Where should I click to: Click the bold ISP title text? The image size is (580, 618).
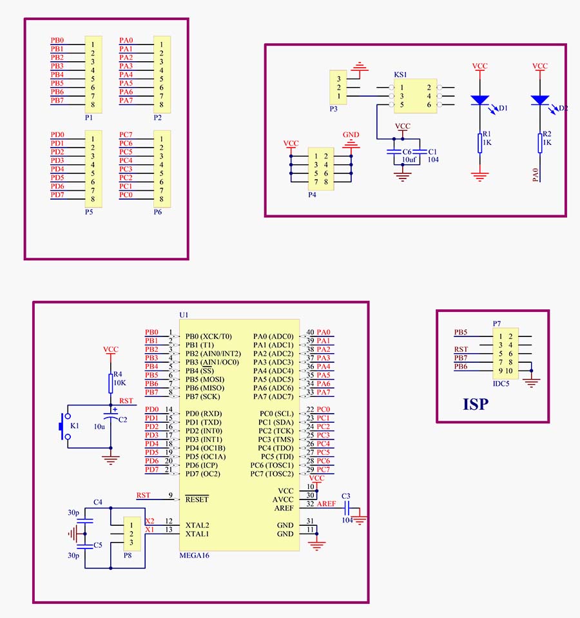click(475, 404)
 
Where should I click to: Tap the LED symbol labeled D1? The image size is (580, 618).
click(480, 101)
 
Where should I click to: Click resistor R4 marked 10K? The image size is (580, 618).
click(110, 384)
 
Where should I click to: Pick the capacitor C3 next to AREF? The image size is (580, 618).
click(346, 508)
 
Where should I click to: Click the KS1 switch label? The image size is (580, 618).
click(400, 75)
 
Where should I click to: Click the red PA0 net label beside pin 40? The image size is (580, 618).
click(324, 332)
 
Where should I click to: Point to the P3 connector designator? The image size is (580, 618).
click(333, 109)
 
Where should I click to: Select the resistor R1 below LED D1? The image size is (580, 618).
click(480, 143)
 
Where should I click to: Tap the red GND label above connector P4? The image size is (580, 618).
click(351, 135)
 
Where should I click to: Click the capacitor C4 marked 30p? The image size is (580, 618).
click(89, 520)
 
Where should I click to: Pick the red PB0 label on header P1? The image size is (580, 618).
click(57, 40)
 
